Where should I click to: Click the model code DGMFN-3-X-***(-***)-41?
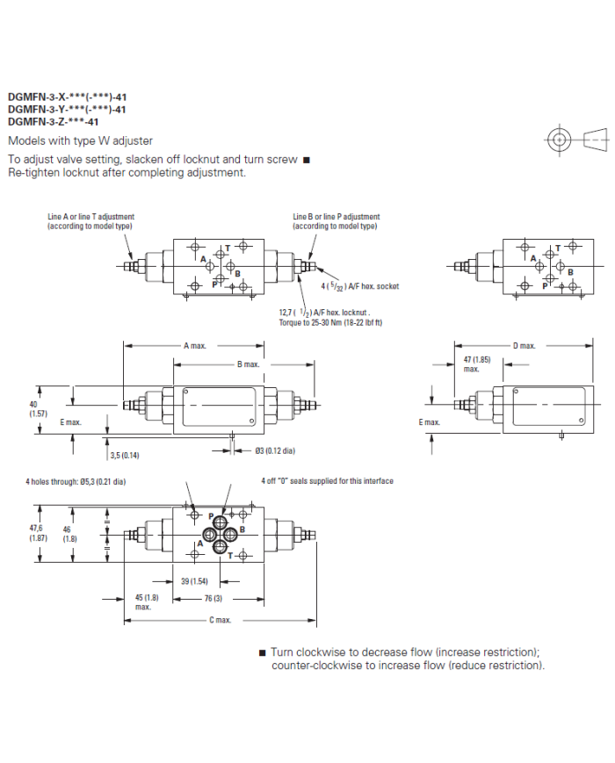67,97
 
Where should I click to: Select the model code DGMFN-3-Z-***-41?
54,122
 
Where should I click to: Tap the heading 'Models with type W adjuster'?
80,140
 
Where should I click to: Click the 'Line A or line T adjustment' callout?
90,220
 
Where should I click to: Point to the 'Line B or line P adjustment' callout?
336,220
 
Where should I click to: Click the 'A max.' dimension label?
194,346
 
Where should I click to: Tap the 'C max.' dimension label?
220,620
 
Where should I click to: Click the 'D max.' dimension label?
525,346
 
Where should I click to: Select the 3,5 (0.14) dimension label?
124,455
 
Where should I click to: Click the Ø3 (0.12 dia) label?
274,451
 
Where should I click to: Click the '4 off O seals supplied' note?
327,481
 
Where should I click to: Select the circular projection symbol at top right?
559,140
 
